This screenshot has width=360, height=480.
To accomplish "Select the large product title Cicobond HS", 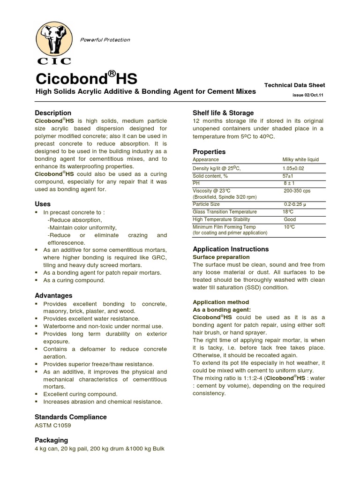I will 86,78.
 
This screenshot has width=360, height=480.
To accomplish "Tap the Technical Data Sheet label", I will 294,85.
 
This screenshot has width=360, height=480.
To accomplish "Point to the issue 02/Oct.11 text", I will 308,95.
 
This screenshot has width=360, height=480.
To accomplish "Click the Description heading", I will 53,113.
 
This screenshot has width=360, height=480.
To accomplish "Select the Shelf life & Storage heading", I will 223,113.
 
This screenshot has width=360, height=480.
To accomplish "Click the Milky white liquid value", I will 300,160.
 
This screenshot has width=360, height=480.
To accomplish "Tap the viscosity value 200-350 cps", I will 297,191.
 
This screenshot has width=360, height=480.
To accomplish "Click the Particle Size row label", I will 206,204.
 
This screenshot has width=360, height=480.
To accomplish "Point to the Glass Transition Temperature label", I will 225,212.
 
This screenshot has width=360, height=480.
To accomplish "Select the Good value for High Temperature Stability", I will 290,219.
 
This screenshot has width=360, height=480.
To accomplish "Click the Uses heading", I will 43,204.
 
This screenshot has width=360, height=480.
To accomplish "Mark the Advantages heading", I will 53,295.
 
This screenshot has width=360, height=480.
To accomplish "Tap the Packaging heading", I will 51,440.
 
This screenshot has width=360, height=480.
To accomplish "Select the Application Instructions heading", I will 231,249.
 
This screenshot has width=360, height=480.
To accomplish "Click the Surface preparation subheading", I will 221,257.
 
